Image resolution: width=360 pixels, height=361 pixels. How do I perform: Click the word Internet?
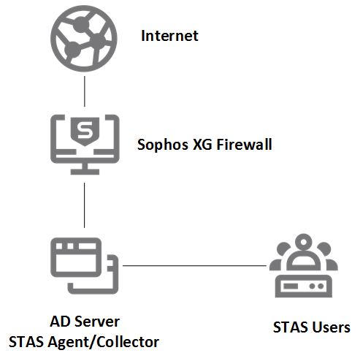169,35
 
